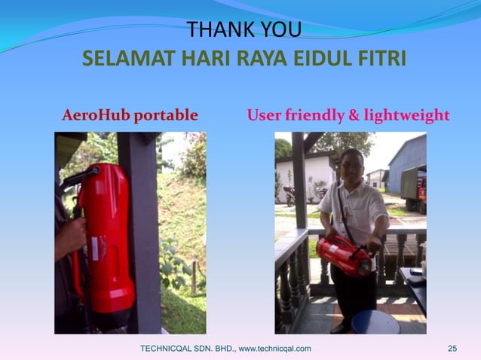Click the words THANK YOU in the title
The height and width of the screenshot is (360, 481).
[244, 30]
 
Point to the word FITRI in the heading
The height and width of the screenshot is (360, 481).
[379, 59]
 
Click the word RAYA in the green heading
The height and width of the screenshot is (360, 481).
[256, 59]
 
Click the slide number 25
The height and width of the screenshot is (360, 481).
[452, 348]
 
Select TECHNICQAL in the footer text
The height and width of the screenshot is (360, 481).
[170, 348]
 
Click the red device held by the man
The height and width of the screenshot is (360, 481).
[343, 254]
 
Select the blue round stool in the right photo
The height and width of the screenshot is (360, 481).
[375, 322]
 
